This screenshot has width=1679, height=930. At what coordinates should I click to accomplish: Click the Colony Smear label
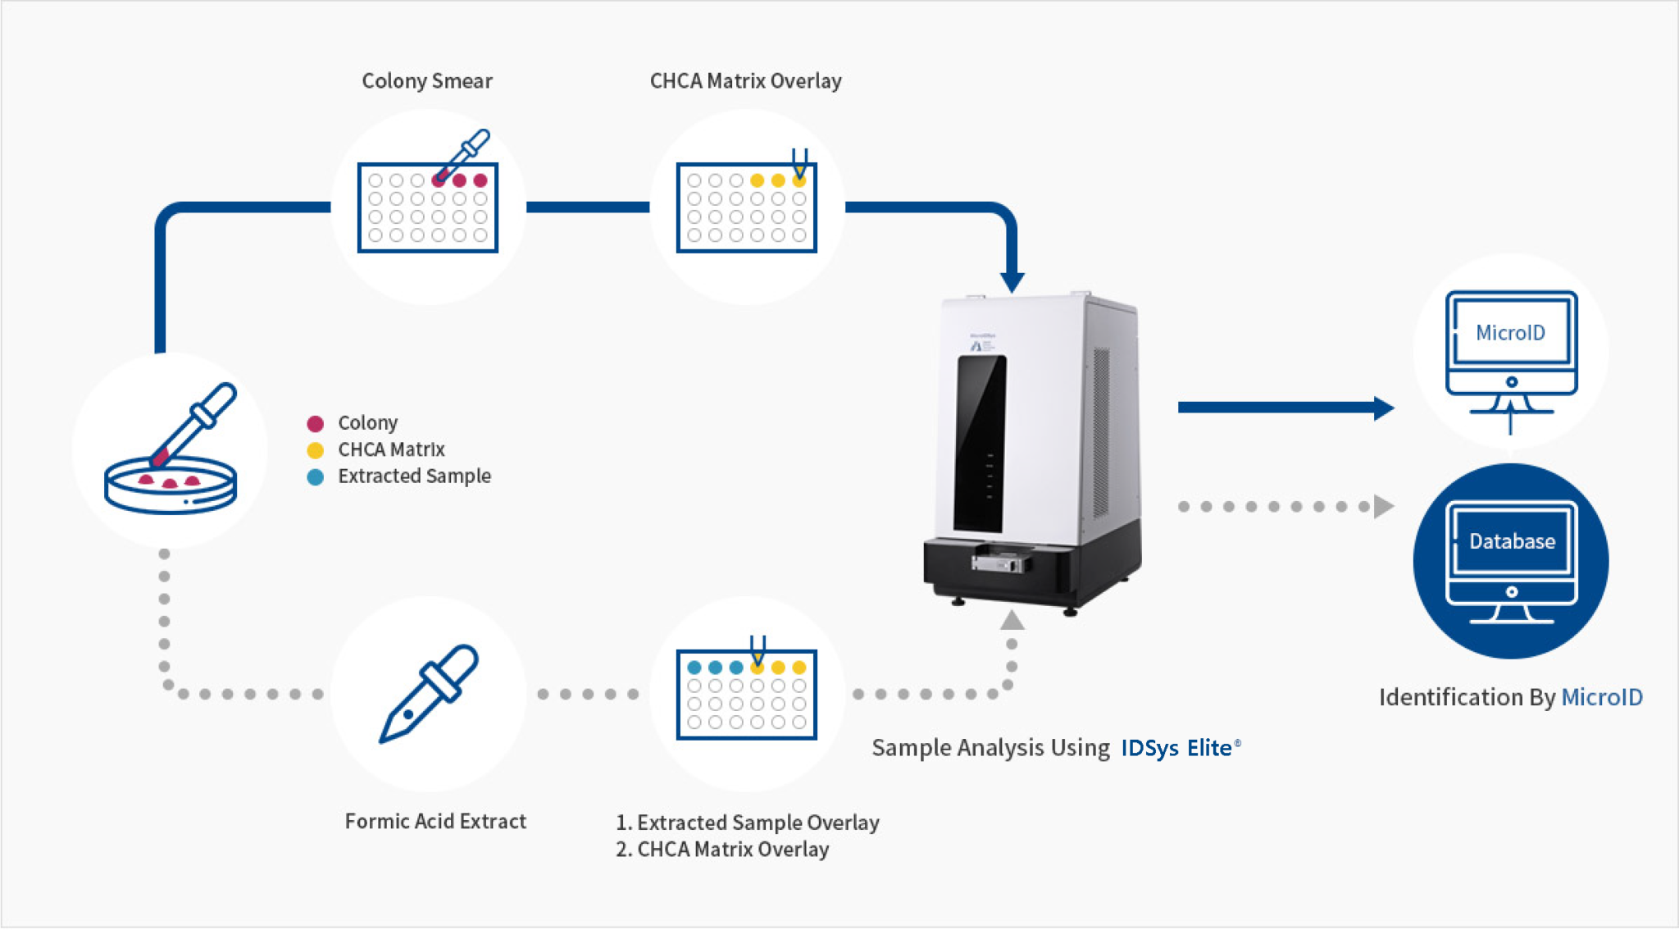(x=427, y=80)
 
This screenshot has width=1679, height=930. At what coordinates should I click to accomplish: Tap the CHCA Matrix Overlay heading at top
(x=745, y=80)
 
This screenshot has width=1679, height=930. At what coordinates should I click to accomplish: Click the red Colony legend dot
(x=315, y=423)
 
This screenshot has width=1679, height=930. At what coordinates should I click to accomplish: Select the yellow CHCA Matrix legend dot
(x=315, y=450)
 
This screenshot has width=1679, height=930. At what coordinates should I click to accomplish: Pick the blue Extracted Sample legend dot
(x=315, y=477)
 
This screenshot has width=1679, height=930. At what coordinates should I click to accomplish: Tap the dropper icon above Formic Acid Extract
(x=429, y=693)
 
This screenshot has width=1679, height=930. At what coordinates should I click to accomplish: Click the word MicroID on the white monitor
(x=1510, y=332)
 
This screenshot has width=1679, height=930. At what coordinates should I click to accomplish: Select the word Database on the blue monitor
(x=1512, y=541)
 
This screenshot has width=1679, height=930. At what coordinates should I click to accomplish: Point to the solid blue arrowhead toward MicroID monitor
(x=1383, y=408)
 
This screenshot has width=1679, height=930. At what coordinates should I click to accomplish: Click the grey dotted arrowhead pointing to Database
(x=1383, y=506)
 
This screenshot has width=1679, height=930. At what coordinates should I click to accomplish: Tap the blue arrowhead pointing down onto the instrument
(x=1012, y=282)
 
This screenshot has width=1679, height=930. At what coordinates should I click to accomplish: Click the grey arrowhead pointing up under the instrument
(x=1012, y=621)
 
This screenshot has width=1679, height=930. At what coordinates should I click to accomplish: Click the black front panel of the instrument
(x=981, y=443)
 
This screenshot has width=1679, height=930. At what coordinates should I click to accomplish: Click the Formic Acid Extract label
(x=435, y=821)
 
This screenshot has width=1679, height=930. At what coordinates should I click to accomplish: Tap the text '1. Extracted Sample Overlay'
(x=748, y=822)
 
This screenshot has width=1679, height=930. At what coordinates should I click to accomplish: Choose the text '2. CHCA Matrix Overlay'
(x=722, y=849)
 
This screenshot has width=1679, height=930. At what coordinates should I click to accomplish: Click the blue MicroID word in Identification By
(x=1601, y=697)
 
